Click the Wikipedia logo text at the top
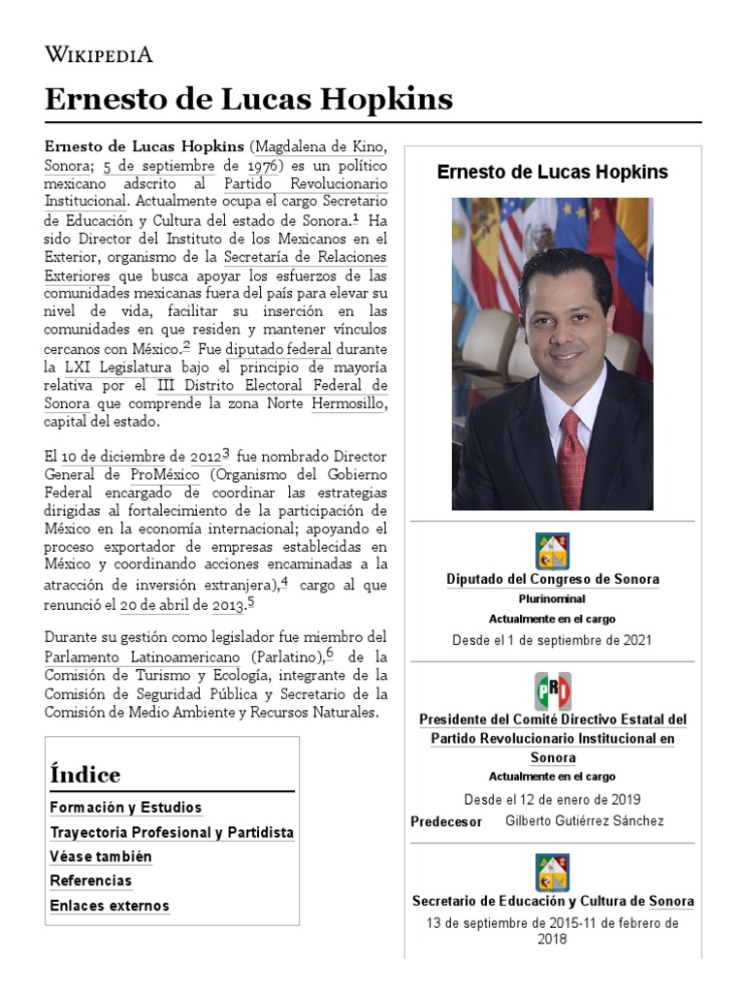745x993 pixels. (x=98, y=54)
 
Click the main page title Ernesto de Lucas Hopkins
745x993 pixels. (x=248, y=100)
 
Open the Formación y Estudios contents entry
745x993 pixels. (x=126, y=808)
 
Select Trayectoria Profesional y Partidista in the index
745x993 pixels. (x=172, y=832)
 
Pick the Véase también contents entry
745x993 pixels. (x=101, y=857)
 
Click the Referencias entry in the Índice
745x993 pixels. (x=90, y=881)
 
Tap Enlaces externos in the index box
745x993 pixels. (x=110, y=906)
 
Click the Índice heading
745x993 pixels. (x=85, y=775)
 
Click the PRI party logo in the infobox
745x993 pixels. (x=553, y=690)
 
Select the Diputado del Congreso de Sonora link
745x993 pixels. (x=553, y=579)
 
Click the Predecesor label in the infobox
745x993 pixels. (x=446, y=822)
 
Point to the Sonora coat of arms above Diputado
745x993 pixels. (x=553, y=550)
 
